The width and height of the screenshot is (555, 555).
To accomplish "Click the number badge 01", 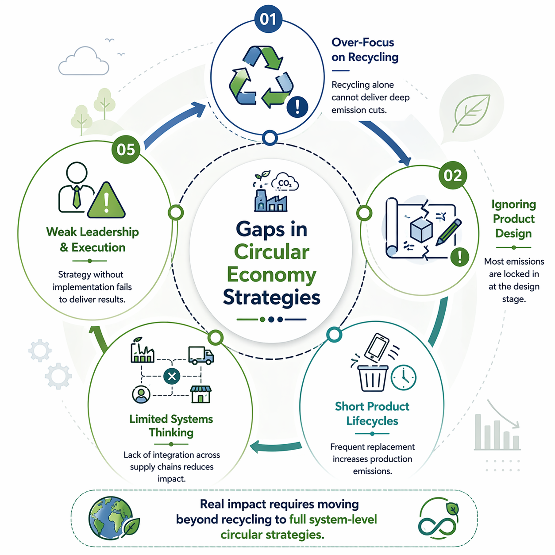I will click(268, 19).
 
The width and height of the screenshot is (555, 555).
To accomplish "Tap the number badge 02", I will click(452, 176).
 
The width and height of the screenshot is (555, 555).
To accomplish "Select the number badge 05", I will click(126, 150).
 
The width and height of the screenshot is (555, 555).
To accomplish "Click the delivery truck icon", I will click(201, 355).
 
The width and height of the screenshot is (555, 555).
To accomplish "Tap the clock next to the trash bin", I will click(403, 378).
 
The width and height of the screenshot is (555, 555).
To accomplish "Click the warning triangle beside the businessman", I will click(106, 202).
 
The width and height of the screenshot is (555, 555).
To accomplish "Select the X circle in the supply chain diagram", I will click(172, 377).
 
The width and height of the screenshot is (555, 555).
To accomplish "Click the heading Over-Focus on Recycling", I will click(365, 50).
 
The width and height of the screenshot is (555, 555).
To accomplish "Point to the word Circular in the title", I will click(271, 252).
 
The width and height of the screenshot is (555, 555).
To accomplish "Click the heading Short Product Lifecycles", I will click(372, 413).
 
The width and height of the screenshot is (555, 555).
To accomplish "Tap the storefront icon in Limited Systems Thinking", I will click(200, 393).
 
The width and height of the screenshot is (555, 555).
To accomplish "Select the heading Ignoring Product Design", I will click(513, 219).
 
